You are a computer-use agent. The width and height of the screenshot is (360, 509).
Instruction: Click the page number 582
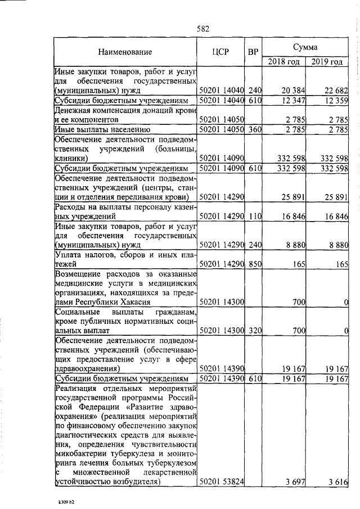[202, 29]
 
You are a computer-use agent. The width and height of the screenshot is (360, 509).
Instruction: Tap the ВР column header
[254, 52]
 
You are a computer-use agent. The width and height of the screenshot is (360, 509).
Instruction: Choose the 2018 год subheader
[283, 61]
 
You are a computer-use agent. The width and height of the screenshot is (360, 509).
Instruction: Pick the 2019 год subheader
[327, 61]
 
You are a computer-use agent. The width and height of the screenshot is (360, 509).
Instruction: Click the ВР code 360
[255, 130]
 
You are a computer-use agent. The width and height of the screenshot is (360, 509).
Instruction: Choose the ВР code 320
[255, 330]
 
